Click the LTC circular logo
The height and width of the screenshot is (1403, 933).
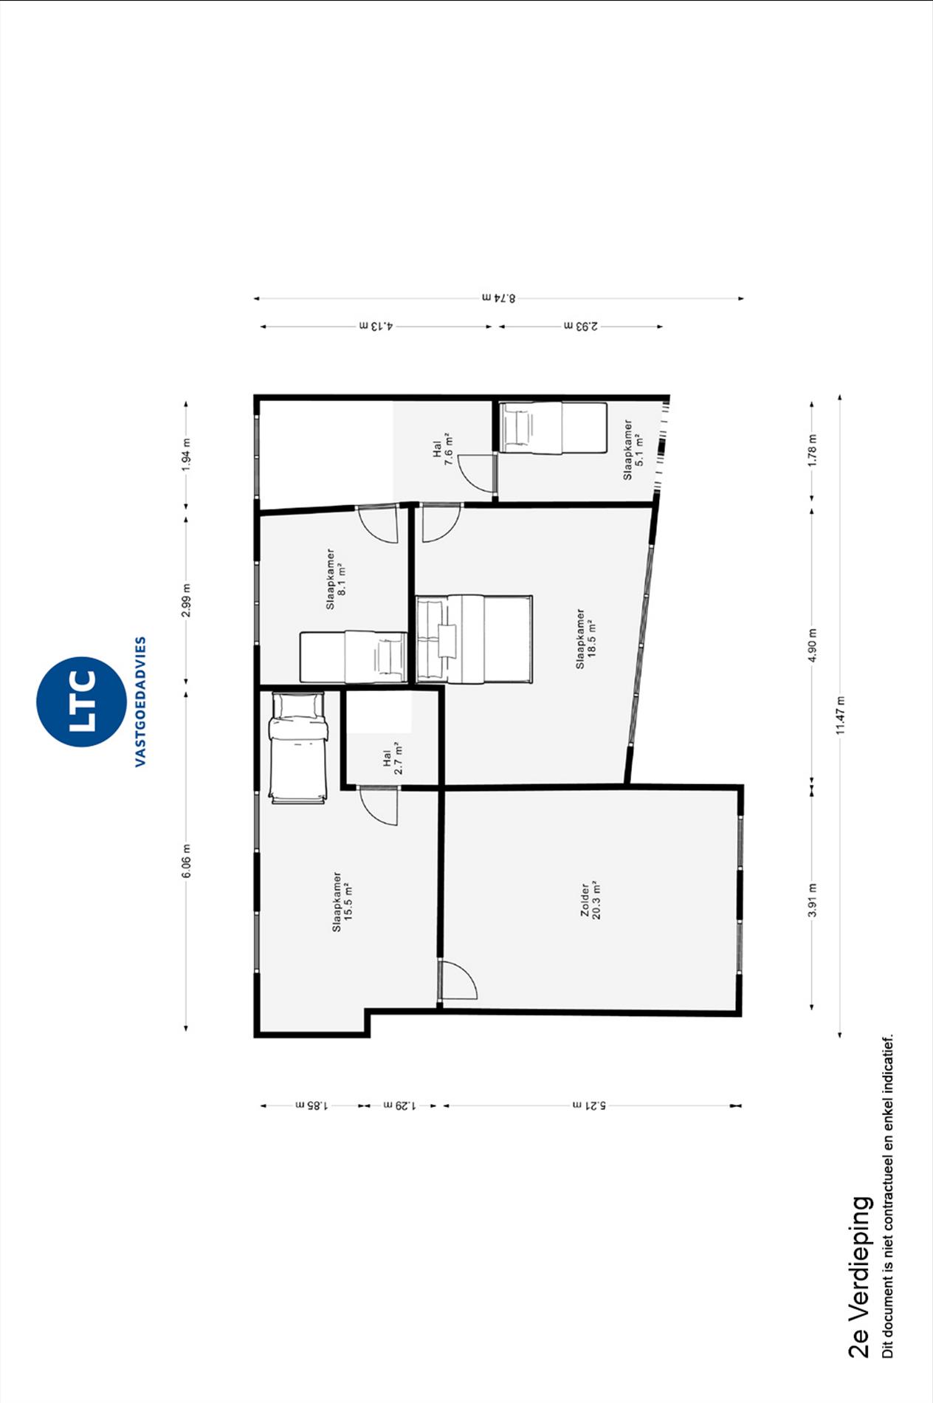[x=81, y=701]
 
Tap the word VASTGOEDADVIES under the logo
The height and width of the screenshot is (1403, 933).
[x=140, y=701]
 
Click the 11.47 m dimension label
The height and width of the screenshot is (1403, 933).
[x=840, y=716]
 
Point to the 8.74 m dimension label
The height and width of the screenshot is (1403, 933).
[x=499, y=298]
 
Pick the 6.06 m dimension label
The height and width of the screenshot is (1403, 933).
[x=186, y=861]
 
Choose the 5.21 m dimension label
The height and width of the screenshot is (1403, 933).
[x=589, y=1105]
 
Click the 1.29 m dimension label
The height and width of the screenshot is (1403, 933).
[x=399, y=1105]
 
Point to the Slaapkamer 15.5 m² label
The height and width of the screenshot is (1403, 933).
[x=341, y=902]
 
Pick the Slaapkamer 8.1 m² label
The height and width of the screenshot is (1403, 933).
[x=336, y=579]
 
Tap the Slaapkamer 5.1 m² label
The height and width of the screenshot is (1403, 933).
[x=633, y=450]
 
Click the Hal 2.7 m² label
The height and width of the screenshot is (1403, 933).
[x=393, y=758]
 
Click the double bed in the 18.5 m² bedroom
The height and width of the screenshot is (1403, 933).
[x=474, y=639]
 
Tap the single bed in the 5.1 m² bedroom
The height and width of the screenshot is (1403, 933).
[x=553, y=428]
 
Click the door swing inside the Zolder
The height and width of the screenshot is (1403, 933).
[x=458, y=979]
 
